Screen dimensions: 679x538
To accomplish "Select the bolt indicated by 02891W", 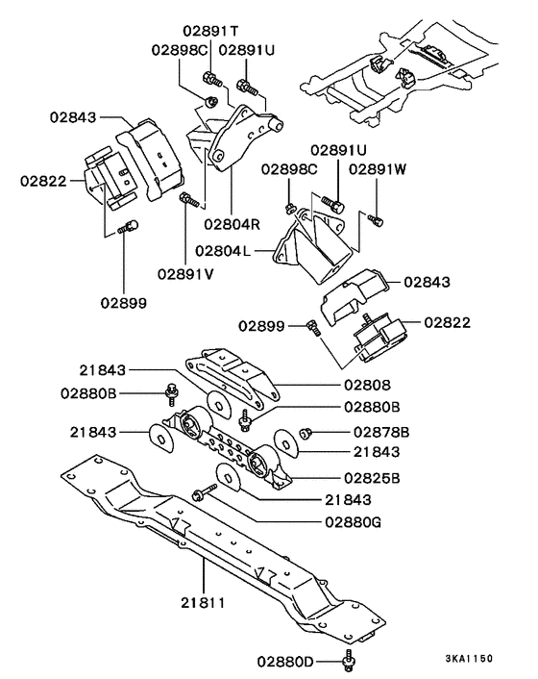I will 377,220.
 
